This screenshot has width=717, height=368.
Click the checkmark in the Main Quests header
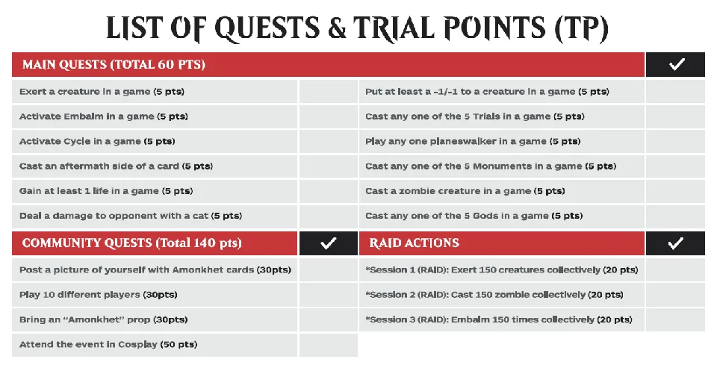click(677, 64)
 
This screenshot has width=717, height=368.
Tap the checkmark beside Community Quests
click(329, 243)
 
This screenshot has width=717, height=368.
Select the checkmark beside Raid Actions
click(675, 243)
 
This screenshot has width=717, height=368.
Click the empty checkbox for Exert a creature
click(329, 91)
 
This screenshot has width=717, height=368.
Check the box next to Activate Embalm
click(329, 116)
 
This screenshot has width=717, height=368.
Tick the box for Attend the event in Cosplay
click(329, 345)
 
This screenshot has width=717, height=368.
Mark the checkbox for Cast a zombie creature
click(675, 191)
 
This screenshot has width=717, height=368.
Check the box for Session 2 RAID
click(675, 295)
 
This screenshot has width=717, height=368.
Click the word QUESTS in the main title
click(267, 28)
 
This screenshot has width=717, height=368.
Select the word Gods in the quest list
click(485, 216)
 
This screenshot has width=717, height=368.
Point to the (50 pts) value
click(179, 345)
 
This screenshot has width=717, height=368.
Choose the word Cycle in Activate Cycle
click(77, 142)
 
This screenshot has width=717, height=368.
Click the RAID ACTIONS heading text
click(415, 243)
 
